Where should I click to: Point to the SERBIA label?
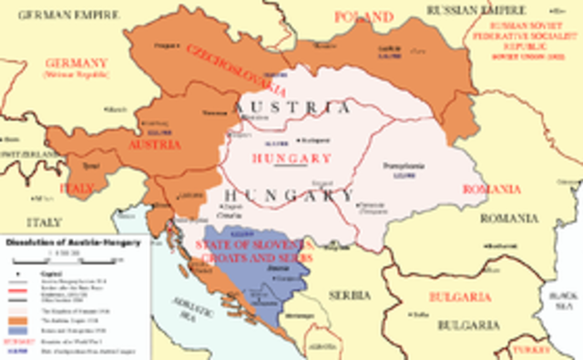coord(350,296)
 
